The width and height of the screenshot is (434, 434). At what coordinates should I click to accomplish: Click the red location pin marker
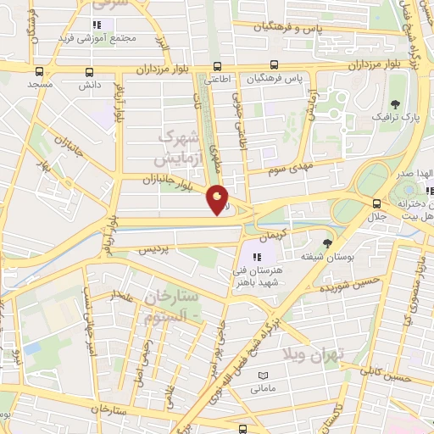click(218, 200)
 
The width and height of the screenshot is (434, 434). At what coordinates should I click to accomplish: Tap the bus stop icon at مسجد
click(39, 71)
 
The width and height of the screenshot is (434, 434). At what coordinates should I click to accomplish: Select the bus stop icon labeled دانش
click(90, 71)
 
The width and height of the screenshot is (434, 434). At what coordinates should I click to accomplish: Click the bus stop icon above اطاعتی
click(218, 66)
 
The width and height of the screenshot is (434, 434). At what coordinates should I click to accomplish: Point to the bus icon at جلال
click(376, 203)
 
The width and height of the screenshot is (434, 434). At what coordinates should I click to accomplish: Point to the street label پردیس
click(153, 249)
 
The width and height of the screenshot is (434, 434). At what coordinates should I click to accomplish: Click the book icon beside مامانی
click(262, 376)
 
